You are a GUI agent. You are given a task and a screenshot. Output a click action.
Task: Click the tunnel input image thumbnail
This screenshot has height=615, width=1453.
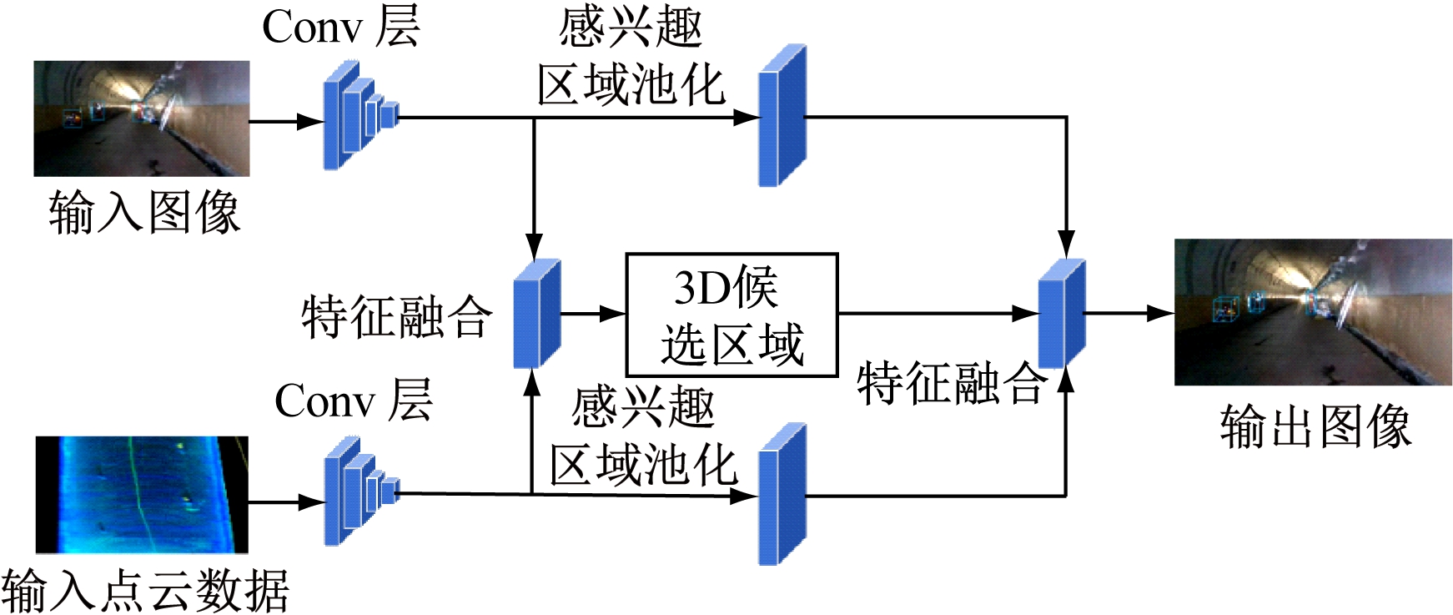tap(141, 118)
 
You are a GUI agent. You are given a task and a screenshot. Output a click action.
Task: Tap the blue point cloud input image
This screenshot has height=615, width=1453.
tap(142, 494)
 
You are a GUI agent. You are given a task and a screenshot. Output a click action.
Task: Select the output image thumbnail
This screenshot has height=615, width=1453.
tap(1312, 312)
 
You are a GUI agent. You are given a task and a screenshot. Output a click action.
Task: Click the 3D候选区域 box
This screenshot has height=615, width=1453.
tap(732, 315)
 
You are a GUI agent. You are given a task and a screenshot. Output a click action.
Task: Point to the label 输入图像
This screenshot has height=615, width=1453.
tap(144, 212)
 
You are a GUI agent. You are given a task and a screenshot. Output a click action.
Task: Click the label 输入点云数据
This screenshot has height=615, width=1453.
tap(145, 590)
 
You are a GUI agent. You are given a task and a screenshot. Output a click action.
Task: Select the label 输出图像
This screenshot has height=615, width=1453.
tap(1315, 426)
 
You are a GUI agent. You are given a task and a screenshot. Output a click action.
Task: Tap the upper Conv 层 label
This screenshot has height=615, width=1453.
tap(340, 27)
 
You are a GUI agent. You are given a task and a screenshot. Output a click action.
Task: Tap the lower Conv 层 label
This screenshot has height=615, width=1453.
tap(353, 401)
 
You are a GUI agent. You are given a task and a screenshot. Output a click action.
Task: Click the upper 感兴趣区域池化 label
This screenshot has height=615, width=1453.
tap(631, 57)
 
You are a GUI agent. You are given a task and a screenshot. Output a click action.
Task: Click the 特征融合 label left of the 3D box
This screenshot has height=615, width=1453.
tap(396, 317)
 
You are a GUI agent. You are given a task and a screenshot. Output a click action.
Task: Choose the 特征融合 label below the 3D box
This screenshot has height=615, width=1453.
tap(952, 384)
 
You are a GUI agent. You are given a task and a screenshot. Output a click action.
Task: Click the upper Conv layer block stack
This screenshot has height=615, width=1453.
tap(359, 116)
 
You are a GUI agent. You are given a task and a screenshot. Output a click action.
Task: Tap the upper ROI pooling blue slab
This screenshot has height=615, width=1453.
tap(782, 116)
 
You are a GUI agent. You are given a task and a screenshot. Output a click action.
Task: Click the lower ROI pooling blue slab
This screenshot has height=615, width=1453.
tap(782, 495)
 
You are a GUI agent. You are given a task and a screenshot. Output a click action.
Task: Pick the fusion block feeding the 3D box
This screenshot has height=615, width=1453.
tap(536, 314)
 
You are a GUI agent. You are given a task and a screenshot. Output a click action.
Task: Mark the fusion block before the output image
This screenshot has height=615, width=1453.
tap(1061, 314)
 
